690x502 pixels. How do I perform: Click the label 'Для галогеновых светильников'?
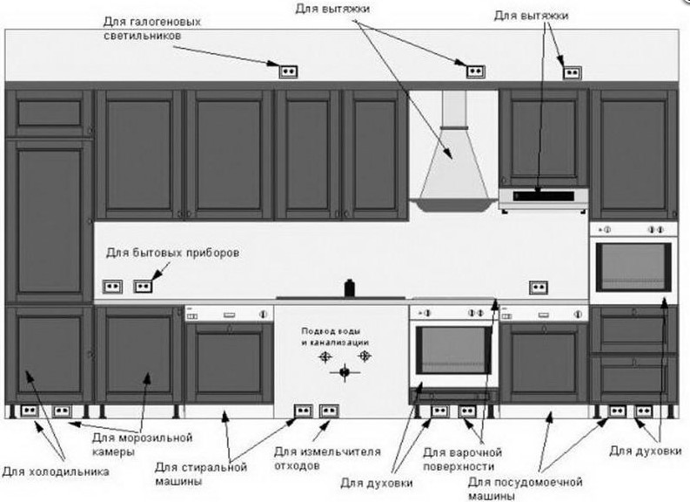coord(152,29)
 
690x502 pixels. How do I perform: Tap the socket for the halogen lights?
coord(288,71)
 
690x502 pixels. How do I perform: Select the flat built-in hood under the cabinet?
coord(544,200)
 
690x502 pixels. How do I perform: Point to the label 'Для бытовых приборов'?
coord(172,253)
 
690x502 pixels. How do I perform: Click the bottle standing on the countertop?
coord(350,288)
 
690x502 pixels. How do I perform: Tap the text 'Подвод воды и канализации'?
coord(335,336)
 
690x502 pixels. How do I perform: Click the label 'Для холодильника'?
coord(56,472)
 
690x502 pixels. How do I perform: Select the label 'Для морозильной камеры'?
coord(142,444)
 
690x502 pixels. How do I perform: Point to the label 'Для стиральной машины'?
coord(201,474)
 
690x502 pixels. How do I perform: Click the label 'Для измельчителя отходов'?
coord(327,458)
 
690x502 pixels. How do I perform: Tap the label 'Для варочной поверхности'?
coord(462,459)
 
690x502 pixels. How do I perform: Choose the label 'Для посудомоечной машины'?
coord(525,488)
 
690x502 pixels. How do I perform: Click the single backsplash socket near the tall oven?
coord(539,288)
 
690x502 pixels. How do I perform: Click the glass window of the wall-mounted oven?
coord(633,266)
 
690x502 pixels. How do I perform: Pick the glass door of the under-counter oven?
coord(453,350)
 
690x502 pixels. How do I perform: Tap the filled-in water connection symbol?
coord(345,372)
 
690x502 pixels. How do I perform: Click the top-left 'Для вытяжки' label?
coord(332,9)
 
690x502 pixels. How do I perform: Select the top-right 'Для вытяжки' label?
coord(531,16)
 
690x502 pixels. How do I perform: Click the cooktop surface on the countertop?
coord(341,298)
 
